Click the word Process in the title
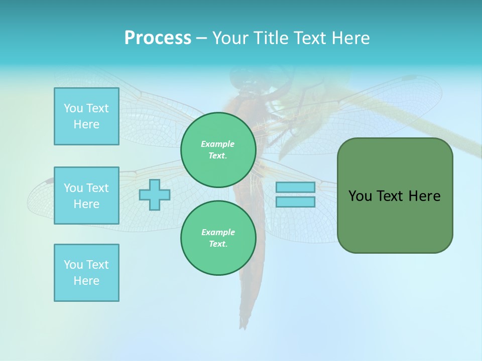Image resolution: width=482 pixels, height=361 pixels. click(x=158, y=38)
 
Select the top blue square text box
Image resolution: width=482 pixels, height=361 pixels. click(x=86, y=116)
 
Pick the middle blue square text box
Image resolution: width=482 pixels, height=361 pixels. click(x=86, y=196)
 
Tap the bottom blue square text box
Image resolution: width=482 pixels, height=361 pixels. click(x=86, y=273)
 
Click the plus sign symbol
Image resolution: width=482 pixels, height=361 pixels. click(x=155, y=195)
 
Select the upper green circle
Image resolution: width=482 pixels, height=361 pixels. click(x=218, y=150)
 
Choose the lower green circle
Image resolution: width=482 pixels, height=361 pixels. click(x=218, y=238)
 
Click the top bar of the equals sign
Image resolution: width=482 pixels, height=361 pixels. click(x=295, y=188)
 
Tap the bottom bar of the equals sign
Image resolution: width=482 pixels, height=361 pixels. click(x=295, y=202)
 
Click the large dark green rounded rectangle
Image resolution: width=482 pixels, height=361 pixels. click(x=395, y=221)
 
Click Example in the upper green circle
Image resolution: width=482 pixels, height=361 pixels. click(x=218, y=144)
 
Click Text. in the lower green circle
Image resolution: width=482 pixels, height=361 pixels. click(x=218, y=244)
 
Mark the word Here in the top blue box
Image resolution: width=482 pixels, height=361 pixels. click(x=86, y=124)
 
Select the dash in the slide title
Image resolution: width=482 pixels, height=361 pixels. click(x=201, y=38)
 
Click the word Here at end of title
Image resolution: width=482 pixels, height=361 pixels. click(x=351, y=38)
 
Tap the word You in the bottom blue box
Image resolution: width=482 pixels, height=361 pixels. click(x=73, y=265)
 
